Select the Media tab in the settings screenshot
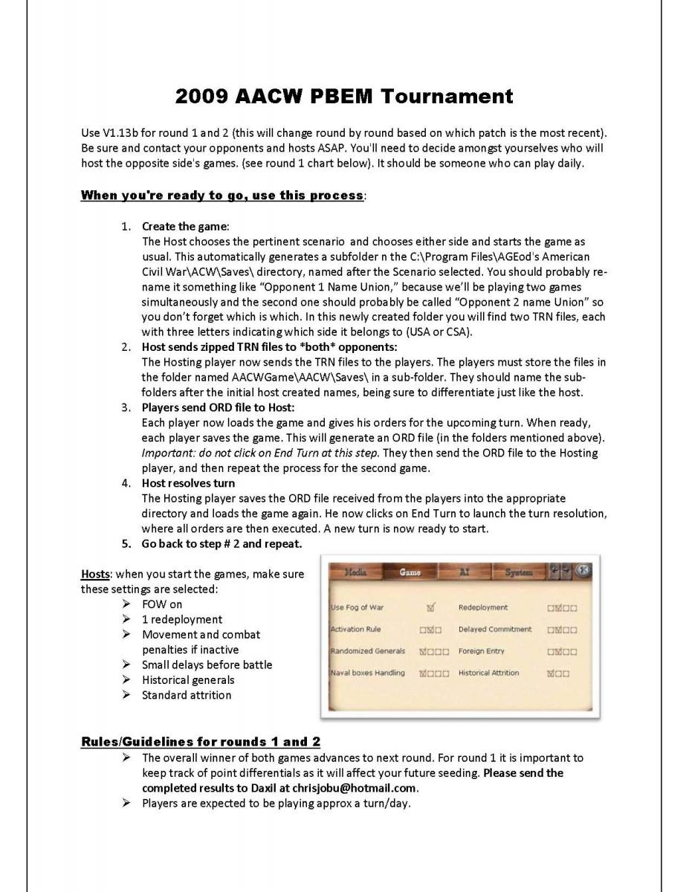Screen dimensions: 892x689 [x=354, y=572]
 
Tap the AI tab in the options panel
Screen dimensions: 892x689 [x=464, y=572]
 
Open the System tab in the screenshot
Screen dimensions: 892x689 [x=519, y=572]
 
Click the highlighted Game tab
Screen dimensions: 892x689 [x=410, y=572]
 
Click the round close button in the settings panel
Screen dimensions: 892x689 [x=583, y=571]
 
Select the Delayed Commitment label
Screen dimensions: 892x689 [x=495, y=629]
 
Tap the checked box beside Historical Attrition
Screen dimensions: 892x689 [x=551, y=673]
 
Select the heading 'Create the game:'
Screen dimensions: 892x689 [x=185, y=226]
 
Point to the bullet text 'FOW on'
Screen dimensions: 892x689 [x=161, y=604]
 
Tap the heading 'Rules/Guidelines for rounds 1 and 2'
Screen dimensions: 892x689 [x=200, y=742]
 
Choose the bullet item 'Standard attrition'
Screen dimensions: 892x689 [x=186, y=695]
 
